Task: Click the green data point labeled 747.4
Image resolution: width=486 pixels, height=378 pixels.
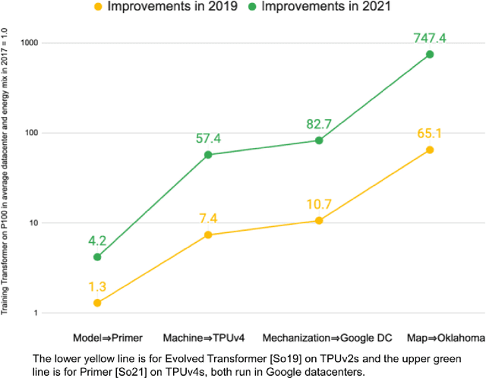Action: coord(430,55)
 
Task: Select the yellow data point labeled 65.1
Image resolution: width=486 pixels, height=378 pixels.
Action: coord(430,150)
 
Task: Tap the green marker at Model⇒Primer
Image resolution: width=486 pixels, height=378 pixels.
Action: coord(97,257)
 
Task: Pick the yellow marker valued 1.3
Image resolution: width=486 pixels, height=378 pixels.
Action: coord(97,303)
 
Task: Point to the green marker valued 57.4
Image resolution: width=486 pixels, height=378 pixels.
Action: coord(208,155)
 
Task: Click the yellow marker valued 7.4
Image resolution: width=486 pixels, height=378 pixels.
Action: coord(208,235)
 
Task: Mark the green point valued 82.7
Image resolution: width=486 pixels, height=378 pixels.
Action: coord(319,140)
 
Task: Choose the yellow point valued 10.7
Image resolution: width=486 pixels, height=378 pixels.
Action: coord(319,220)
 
